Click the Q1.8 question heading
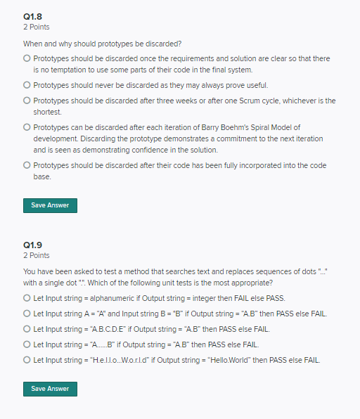pos(33,17)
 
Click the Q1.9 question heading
pos(33,245)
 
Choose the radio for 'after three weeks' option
pos(27,101)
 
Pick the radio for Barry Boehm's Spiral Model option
pos(27,127)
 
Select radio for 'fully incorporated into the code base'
pos(27,165)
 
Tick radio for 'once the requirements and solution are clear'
pos(27,58)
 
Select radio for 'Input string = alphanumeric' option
pos(27,298)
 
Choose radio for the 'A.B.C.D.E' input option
pos(27,329)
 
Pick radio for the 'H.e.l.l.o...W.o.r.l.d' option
pos(27,360)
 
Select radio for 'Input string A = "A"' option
pos(27,314)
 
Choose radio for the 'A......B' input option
pos(27,344)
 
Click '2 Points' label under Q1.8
pos(37,27)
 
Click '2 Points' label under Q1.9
pos(37,255)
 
